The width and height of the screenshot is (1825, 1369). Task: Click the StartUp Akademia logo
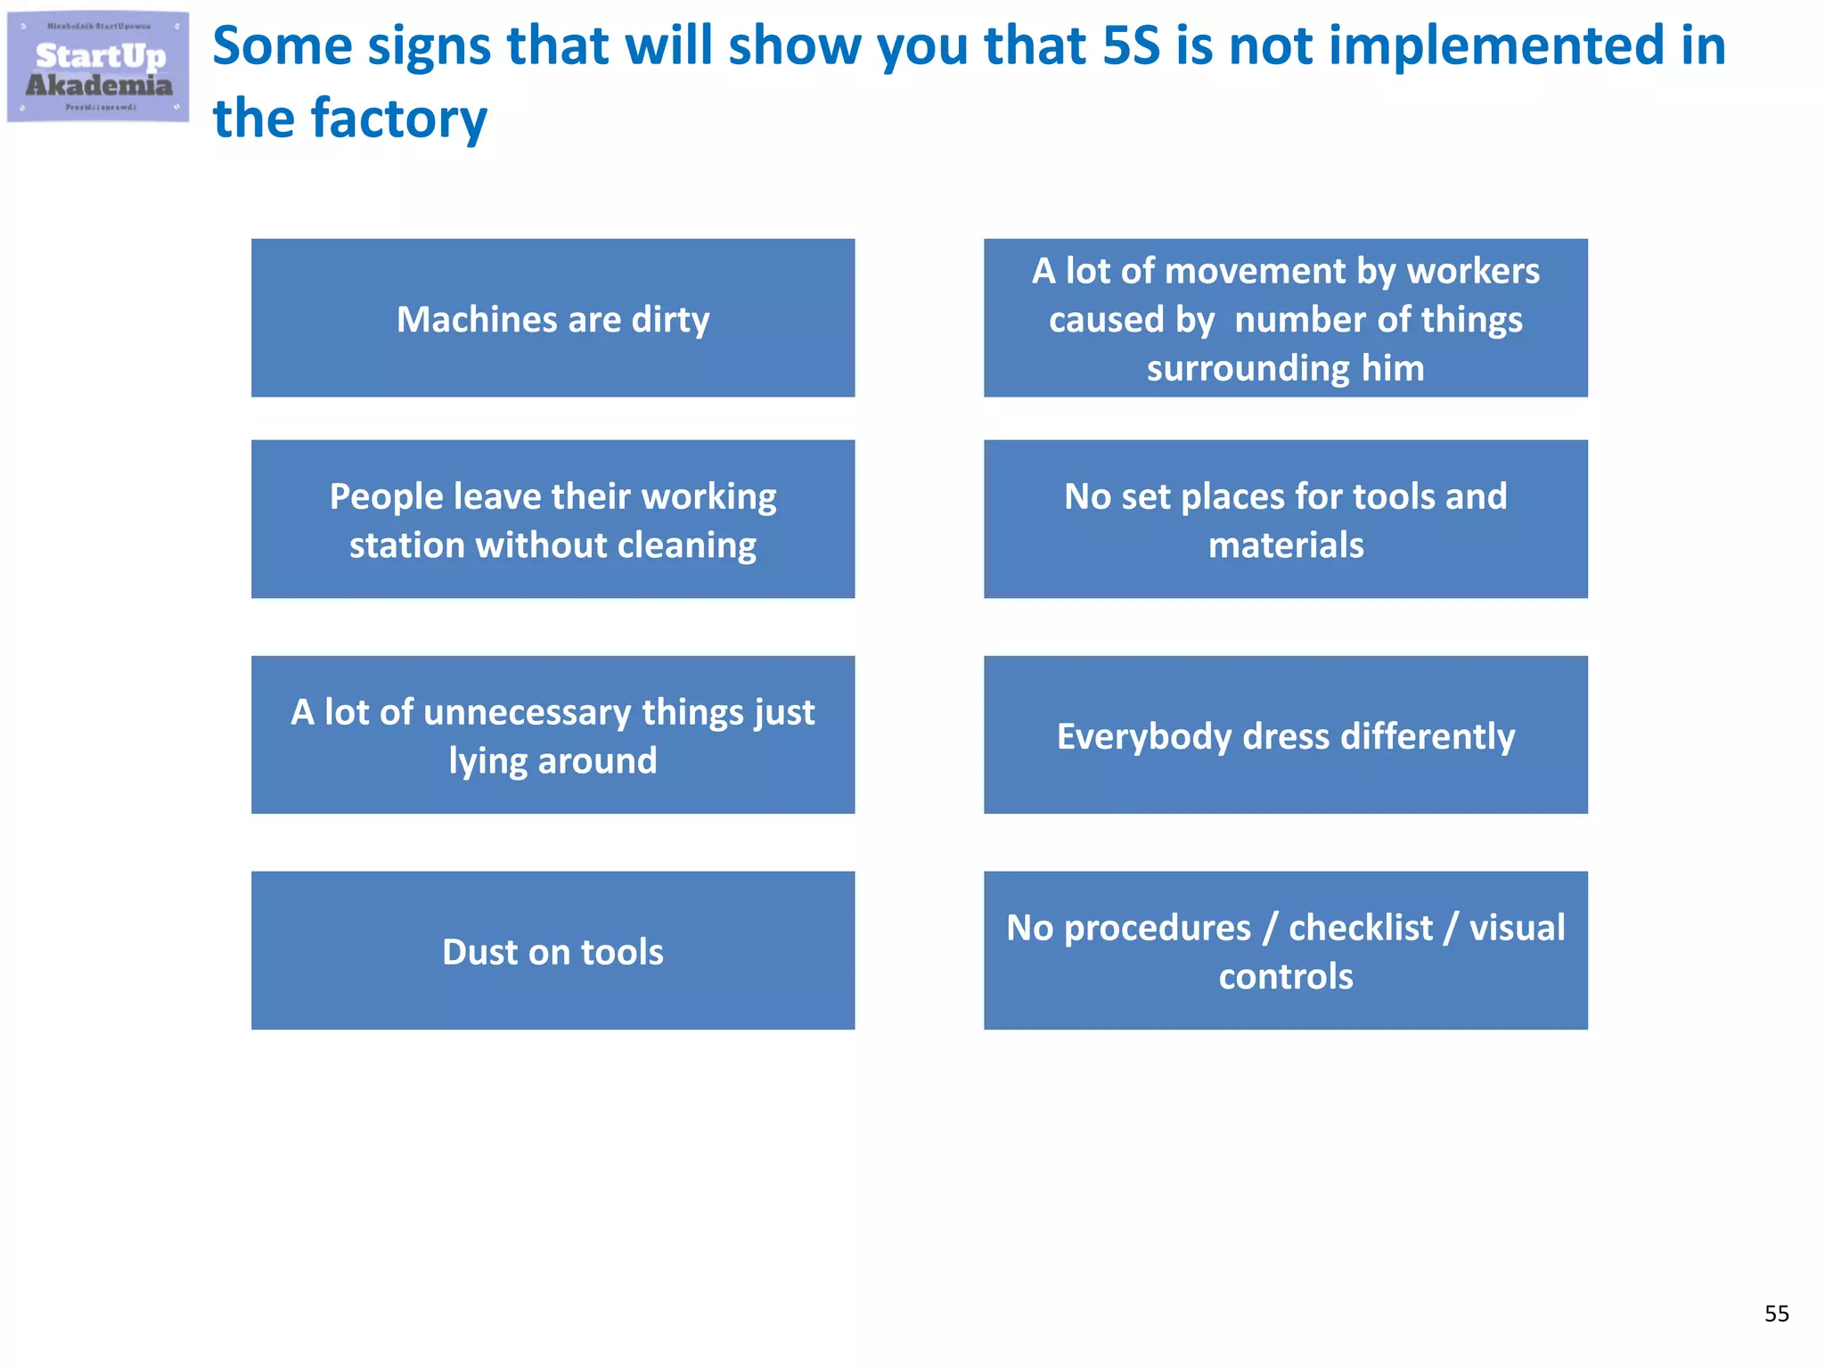tap(98, 68)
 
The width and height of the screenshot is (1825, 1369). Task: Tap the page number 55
tap(1776, 1313)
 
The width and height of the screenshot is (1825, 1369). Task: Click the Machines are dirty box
tap(552, 318)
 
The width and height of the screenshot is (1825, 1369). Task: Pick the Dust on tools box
tap(552, 951)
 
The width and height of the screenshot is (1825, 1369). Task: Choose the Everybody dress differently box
tap(1285, 735)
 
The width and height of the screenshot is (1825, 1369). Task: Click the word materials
tap(1285, 545)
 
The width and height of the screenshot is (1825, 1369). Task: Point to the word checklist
tap(1361, 929)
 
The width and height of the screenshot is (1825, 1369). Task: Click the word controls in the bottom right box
tap(1285, 977)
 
